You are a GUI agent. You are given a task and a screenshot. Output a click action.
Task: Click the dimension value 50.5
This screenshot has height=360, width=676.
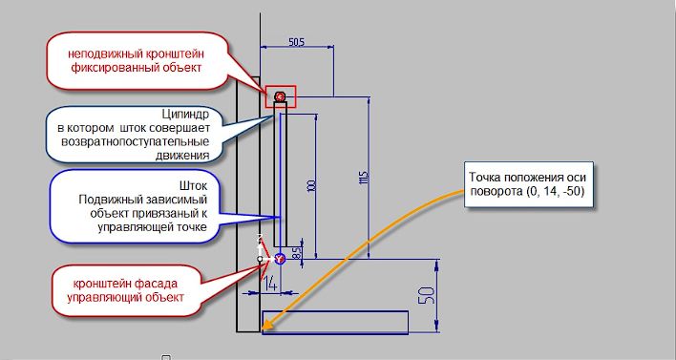pos(297,41)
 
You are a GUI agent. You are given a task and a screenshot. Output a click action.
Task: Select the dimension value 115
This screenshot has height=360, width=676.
pos(363,178)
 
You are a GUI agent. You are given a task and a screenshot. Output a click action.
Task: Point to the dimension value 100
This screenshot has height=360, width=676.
pos(311,185)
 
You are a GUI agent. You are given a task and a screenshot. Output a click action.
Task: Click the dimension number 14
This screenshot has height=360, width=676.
pos(269,284)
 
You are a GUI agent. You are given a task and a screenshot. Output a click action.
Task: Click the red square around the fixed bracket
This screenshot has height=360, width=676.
pos(281,96)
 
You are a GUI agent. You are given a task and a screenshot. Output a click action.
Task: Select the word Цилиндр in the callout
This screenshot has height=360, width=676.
pos(185,115)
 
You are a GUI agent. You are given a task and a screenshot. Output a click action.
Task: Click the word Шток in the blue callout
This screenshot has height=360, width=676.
pos(193,186)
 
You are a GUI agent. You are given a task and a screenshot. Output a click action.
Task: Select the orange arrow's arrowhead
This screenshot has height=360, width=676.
pos(265,326)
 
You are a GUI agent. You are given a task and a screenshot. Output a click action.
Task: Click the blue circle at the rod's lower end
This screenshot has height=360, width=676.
pos(280,259)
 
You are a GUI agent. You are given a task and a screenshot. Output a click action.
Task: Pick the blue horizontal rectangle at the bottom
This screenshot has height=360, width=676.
pos(335,323)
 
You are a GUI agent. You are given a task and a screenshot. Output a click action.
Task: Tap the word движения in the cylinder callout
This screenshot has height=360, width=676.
pos(182,156)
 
